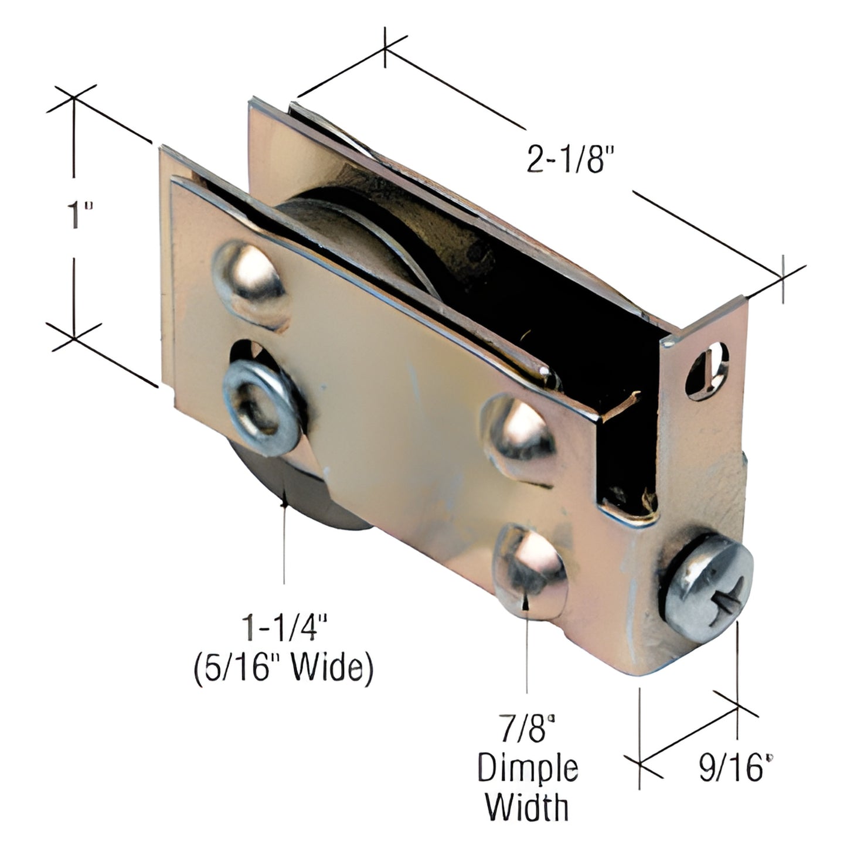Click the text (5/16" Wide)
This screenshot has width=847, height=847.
point(284,669)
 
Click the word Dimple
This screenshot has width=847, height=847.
point(528,768)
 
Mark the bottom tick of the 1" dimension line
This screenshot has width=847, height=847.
point(74,338)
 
